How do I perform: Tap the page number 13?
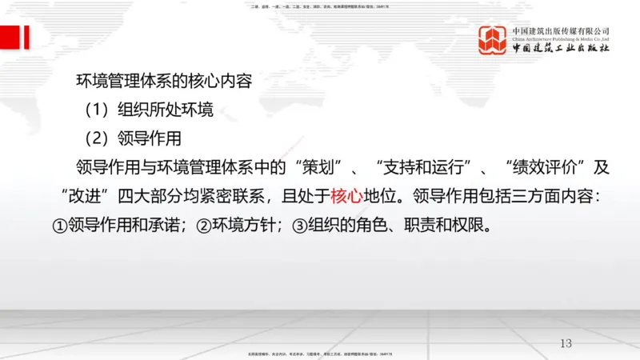pos(566,343)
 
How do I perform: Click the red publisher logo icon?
pos(493,40)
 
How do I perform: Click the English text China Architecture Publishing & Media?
pos(561,38)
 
